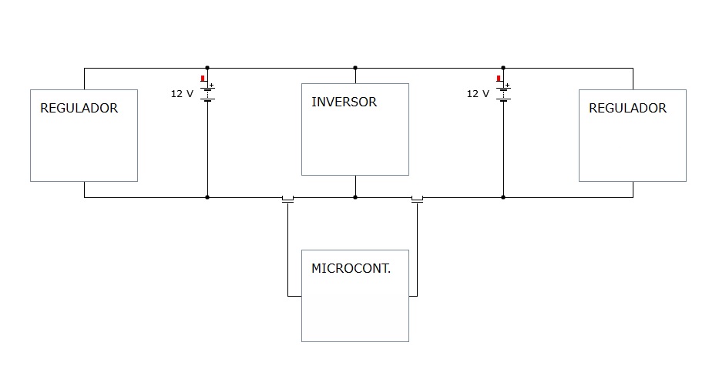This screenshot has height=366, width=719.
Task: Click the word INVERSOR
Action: pos(344,102)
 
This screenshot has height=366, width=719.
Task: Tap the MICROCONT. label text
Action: pos(351,268)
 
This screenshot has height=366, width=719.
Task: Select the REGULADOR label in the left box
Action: pos(79,108)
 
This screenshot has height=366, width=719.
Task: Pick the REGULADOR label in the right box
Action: pos(627,108)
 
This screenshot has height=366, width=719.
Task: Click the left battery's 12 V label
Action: pos(182,94)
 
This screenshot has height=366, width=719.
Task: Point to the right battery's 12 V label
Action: pos(478,94)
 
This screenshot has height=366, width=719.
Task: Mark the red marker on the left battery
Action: pos(203,79)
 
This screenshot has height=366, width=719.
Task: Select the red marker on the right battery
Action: pos(499,79)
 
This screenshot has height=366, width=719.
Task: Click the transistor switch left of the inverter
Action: pos(287,199)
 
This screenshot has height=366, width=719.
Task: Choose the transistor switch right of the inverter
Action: pos(417,199)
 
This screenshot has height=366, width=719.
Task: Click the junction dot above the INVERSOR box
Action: pos(355,68)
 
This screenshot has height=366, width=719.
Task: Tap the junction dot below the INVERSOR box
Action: pos(355,197)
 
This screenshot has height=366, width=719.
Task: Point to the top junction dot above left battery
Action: pos(207,68)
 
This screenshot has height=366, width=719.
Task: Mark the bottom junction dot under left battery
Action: pos(207,197)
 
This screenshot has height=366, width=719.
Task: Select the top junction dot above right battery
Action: pos(503,68)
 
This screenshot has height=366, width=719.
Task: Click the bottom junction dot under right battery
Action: pos(503,197)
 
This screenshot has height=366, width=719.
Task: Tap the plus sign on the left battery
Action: pos(212,85)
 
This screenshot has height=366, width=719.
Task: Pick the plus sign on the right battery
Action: pos(508,85)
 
